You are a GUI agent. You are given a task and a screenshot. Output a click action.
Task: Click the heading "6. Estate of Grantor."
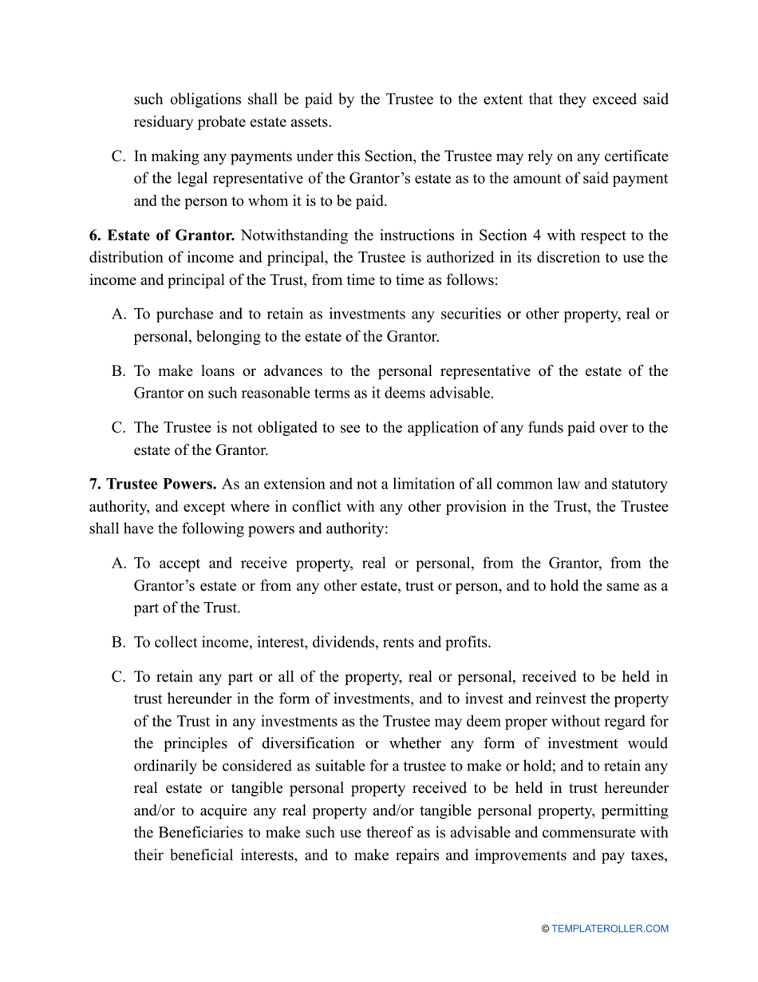(x=161, y=236)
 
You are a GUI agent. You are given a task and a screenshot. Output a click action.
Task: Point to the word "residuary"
(x=163, y=121)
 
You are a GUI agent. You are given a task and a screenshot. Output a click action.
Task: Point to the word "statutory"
(x=632, y=485)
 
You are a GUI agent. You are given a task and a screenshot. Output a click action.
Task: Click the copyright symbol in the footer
(x=545, y=929)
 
